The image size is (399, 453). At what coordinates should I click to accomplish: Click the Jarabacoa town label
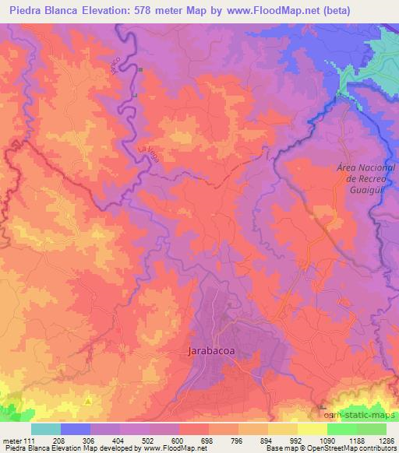(x=213, y=351)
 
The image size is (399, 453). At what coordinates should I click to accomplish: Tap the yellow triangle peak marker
(x=88, y=401)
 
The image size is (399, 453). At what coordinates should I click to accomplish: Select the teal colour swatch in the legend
(x=46, y=429)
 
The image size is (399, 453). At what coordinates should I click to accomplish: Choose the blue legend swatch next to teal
(x=76, y=429)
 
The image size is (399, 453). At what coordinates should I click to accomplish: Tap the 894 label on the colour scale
(x=267, y=441)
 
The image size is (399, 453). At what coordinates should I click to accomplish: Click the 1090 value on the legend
(x=325, y=441)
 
